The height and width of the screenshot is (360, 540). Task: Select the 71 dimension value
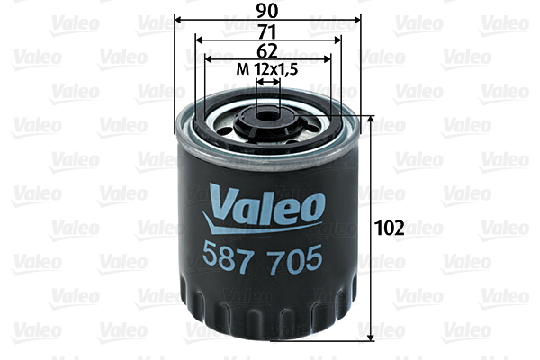click(267, 31)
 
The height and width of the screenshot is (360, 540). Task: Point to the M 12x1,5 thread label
click(267, 69)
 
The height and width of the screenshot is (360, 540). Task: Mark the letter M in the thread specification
click(240, 69)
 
